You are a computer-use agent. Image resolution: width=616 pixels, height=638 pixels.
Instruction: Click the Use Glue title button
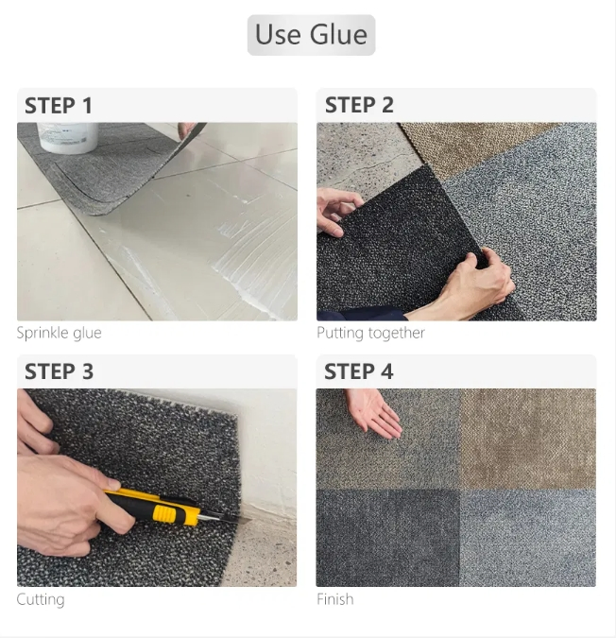311,35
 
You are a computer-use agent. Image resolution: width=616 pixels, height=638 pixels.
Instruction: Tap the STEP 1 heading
59,105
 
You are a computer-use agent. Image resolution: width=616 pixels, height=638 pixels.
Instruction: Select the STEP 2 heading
359,105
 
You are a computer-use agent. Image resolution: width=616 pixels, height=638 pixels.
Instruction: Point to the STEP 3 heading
59,371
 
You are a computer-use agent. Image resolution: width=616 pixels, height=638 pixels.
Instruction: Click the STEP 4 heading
359,371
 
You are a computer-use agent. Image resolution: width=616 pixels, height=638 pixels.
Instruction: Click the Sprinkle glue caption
59,333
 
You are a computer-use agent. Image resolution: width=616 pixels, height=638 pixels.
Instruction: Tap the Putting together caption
370,333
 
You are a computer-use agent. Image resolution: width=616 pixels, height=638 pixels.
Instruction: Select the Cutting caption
41,599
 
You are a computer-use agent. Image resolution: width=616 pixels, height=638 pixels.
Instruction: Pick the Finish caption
334,599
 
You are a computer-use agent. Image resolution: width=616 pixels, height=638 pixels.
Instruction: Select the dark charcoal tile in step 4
387,536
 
